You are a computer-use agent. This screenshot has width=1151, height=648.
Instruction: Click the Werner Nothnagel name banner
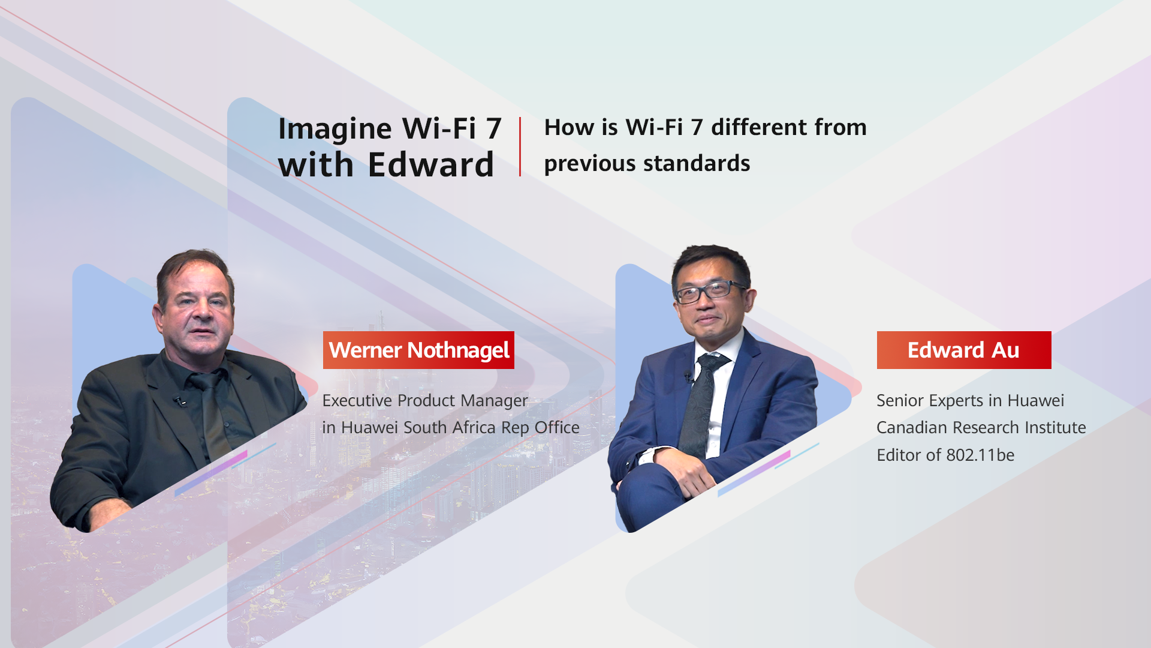click(418, 350)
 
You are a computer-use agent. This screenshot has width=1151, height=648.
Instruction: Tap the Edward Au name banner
click(964, 350)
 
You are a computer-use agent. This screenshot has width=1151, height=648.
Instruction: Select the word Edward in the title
click(431, 164)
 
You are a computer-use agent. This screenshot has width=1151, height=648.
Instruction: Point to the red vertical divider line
click(520, 146)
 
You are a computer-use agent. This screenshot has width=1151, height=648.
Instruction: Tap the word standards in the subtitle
click(697, 164)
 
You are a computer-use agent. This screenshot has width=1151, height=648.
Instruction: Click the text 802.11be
click(980, 455)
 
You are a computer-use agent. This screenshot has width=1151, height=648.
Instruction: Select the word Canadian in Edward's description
click(912, 427)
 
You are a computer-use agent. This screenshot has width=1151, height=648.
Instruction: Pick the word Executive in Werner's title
click(357, 400)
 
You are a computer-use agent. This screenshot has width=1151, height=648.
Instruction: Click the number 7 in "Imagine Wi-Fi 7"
click(494, 128)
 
